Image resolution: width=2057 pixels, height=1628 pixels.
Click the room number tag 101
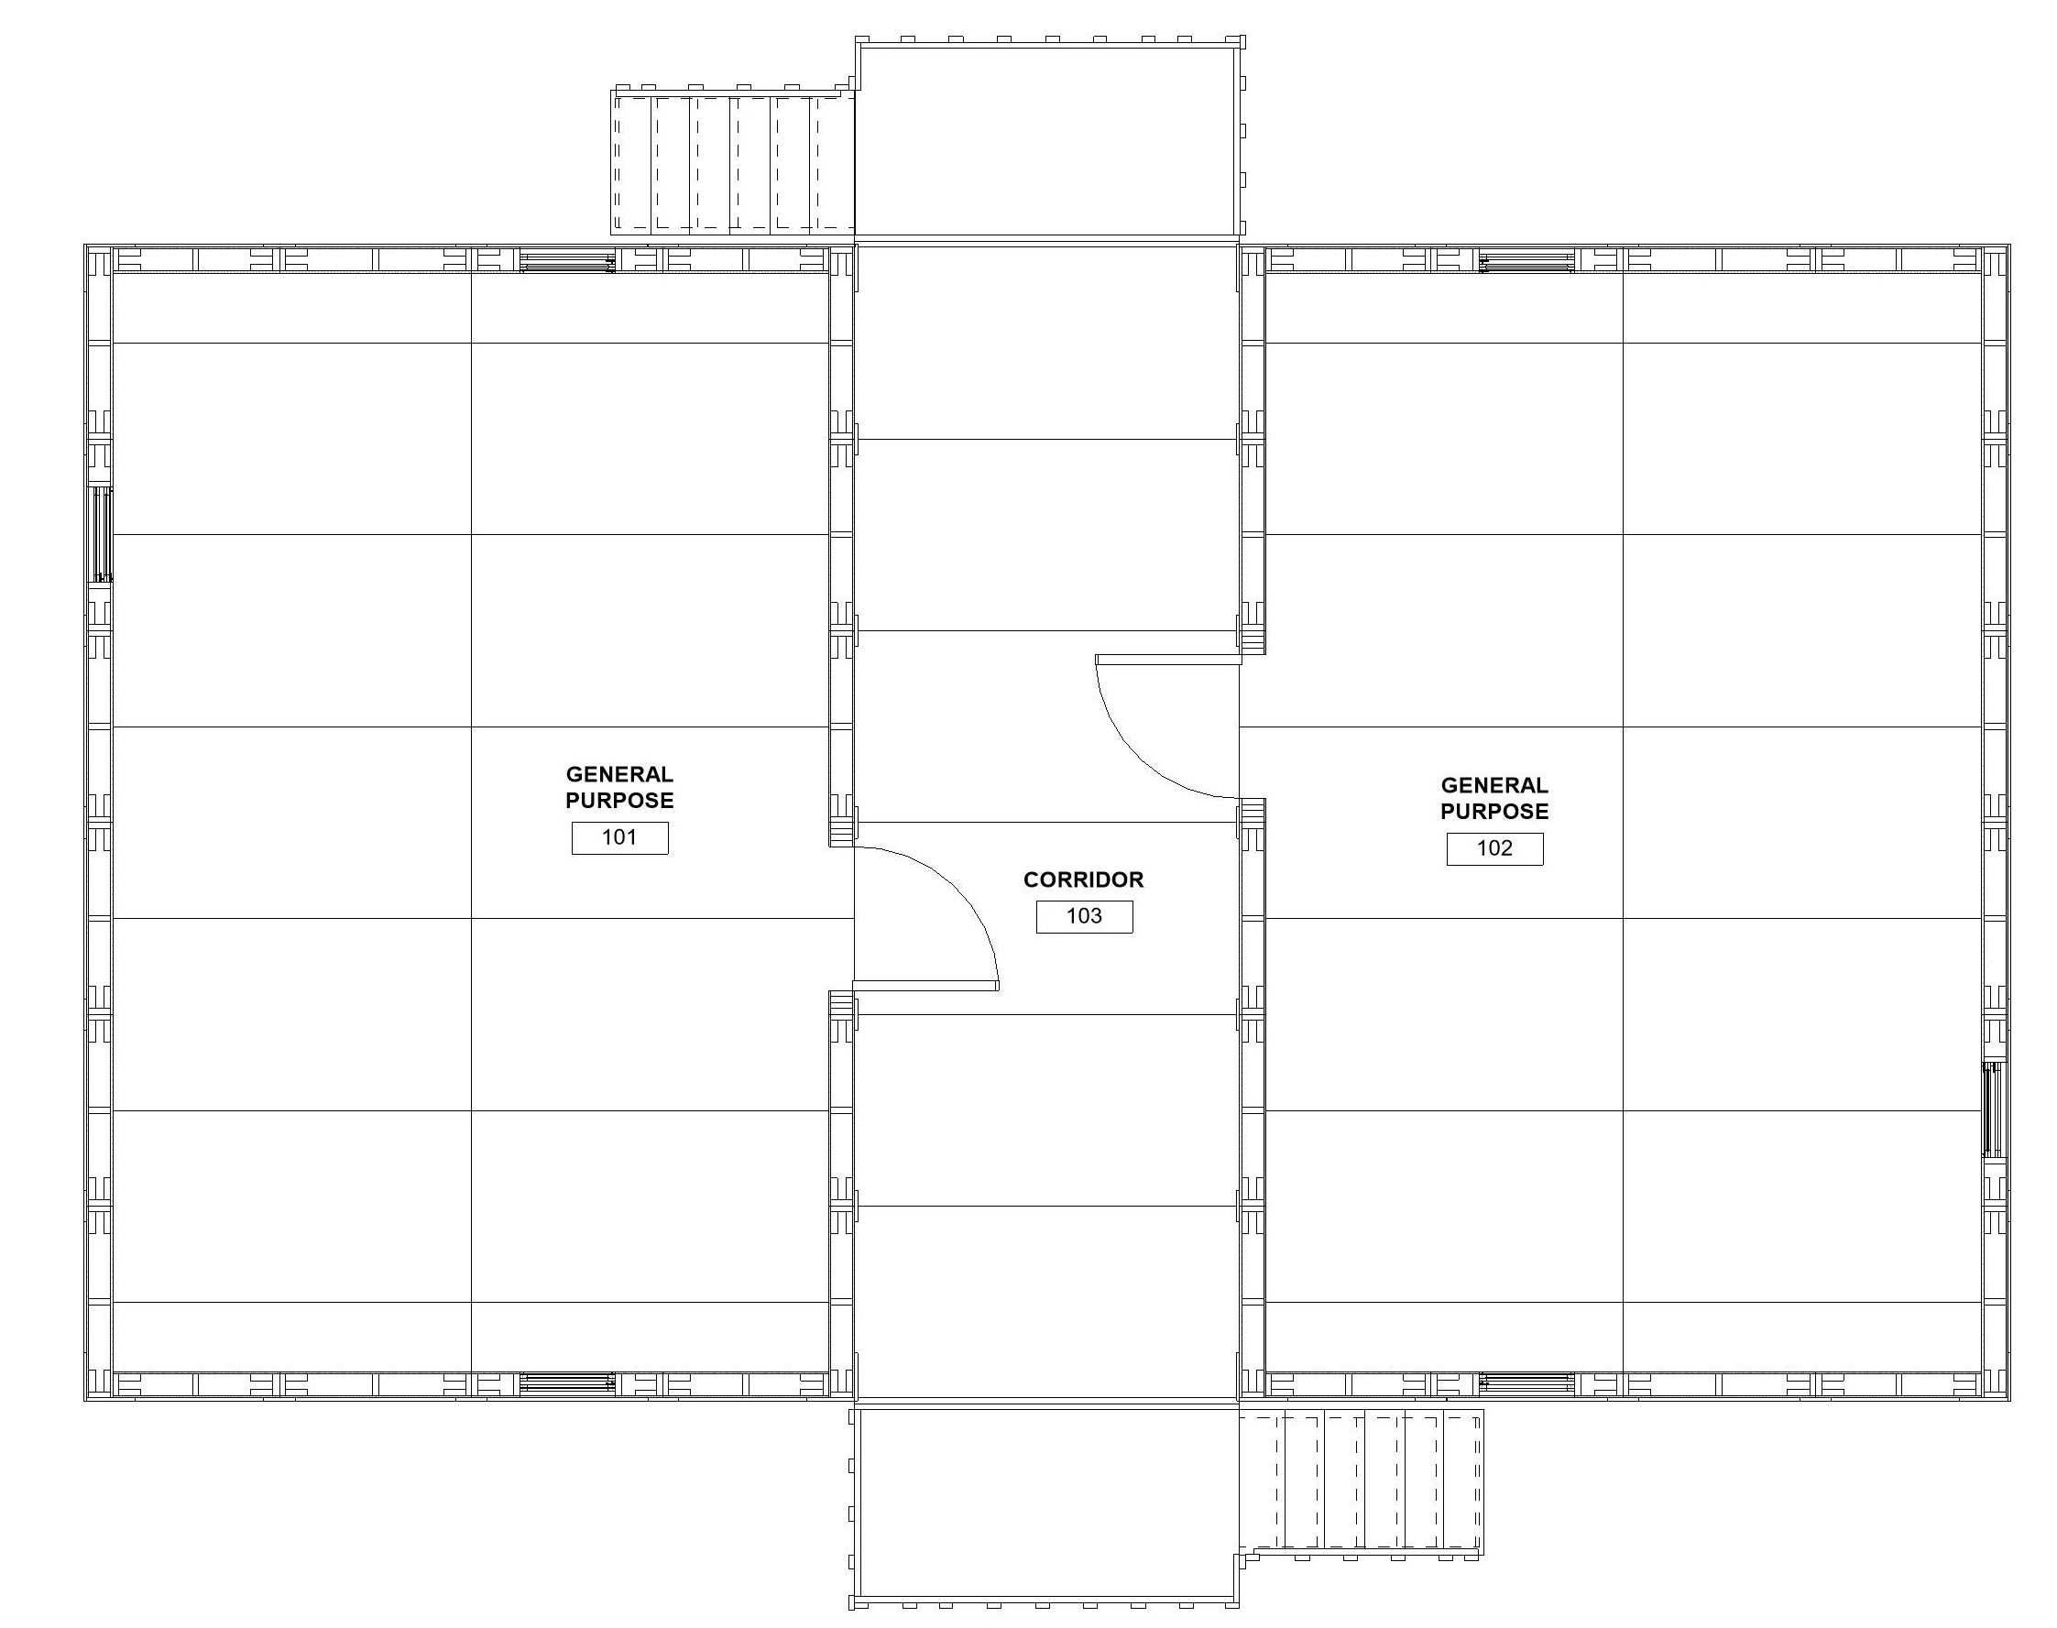[619, 838]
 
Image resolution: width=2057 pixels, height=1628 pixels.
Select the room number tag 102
[1494, 848]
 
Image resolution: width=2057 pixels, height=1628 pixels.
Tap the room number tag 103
[1084, 916]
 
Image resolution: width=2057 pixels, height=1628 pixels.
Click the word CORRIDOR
[1083, 880]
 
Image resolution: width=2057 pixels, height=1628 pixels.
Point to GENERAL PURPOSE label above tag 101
[619, 787]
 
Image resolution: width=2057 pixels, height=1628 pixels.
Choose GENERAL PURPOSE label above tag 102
[1494, 798]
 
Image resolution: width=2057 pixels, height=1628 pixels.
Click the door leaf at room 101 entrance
[925, 985]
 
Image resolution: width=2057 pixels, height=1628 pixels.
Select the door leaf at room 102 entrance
[1167, 659]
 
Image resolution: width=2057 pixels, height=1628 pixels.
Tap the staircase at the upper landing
[732, 162]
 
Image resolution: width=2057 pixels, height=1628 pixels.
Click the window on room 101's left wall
[101, 534]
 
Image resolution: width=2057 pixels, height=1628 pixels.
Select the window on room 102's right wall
[1992, 1109]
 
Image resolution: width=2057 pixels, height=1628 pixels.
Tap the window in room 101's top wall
[567, 261]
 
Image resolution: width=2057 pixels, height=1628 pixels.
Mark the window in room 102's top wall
[1526, 261]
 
